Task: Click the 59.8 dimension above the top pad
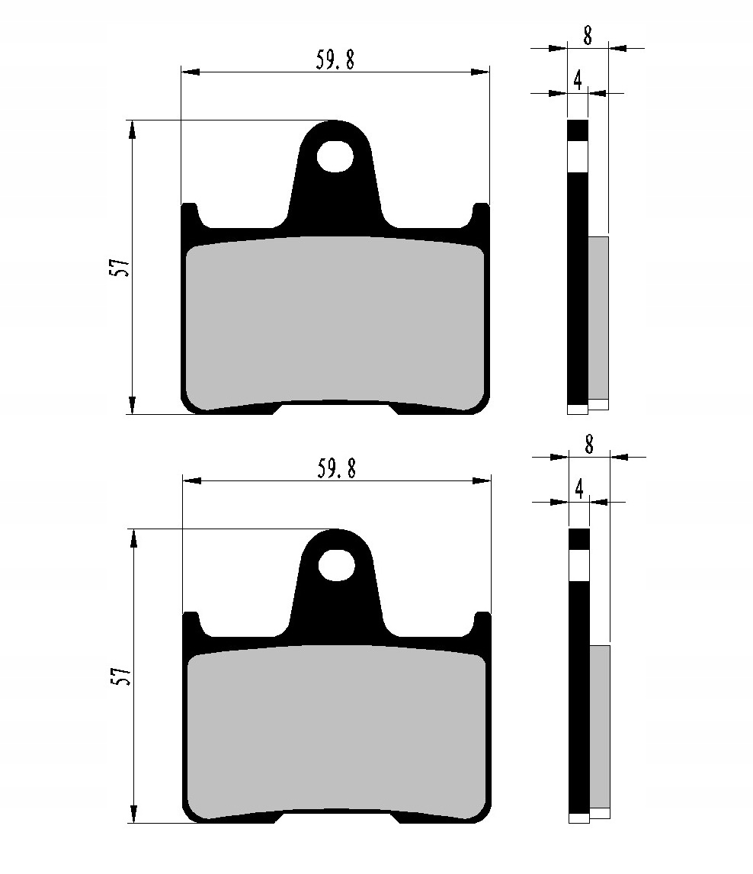tap(335, 60)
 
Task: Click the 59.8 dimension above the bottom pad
tap(336, 469)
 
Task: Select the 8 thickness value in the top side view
tap(588, 35)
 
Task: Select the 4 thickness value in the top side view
tap(578, 81)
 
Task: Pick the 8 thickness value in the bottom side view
tap(589, 444)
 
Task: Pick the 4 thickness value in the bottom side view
tap(579, 489)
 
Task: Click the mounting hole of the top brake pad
tap(335, 156)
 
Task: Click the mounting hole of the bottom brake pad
tap(336, 565)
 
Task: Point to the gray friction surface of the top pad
tap(335, 320)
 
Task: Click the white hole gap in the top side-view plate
tap(578, 156)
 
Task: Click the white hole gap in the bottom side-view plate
tap(579, 565)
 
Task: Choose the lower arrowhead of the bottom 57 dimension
tap(133, 814)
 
